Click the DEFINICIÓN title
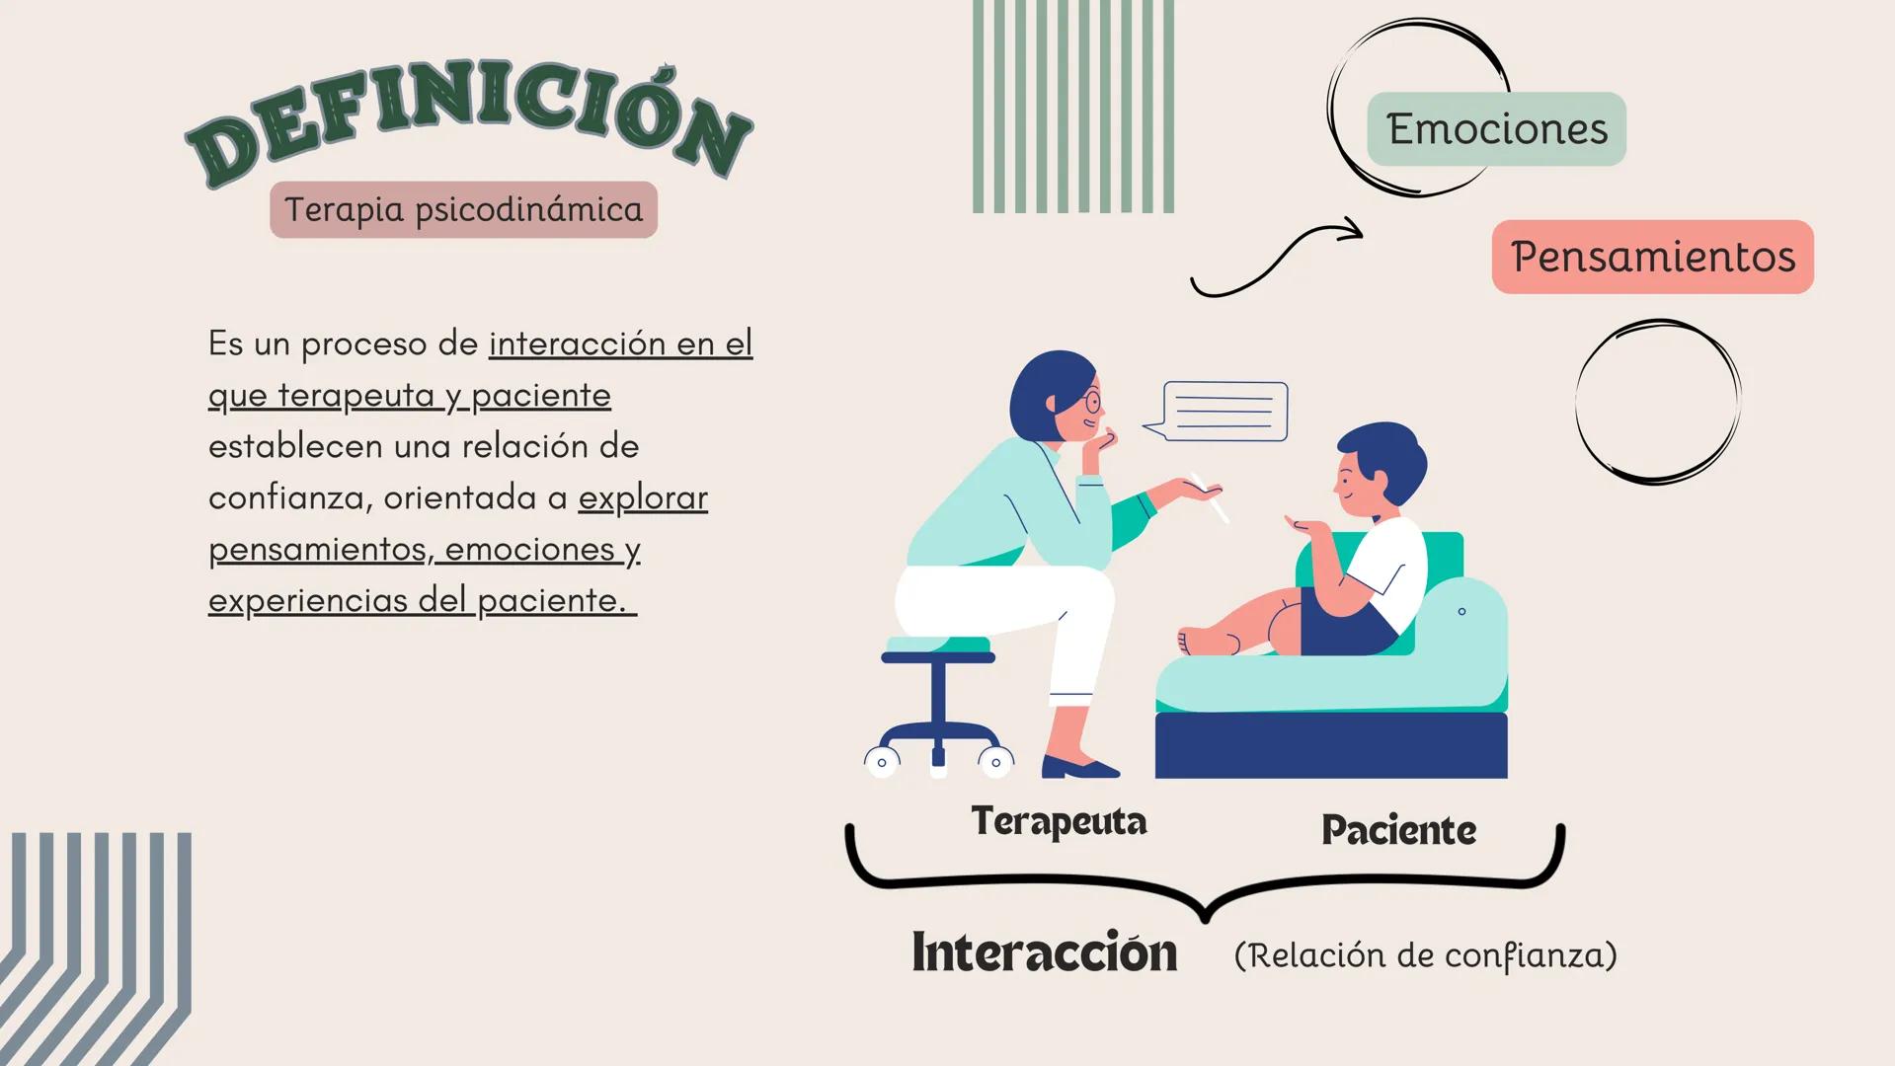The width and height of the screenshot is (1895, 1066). (469, 123)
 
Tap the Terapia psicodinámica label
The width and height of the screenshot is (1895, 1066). (463, 209)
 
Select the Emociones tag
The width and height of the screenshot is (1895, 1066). (1496, 129)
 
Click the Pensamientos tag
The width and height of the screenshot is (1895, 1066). (1652, 257)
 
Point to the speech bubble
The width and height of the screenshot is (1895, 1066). (1224, 411)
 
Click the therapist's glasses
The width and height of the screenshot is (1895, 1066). (1091, 402)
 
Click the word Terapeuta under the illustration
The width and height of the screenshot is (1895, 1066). (1059, 821)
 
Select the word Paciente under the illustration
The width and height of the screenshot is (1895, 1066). (1398, 830)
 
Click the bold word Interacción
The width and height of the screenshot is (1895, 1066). (1044, 952)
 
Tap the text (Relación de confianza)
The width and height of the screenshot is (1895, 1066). (1425, 954)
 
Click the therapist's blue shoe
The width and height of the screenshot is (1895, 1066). (1079, 767)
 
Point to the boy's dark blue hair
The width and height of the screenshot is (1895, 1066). (1387, 450)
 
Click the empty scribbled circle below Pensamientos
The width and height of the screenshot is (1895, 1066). (1658, 402)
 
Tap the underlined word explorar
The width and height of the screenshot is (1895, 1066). (643, 497)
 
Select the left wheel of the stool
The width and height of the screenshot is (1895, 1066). (882, 761)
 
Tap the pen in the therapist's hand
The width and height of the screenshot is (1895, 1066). (1212, 498)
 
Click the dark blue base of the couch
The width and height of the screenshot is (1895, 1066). (1330, 745)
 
